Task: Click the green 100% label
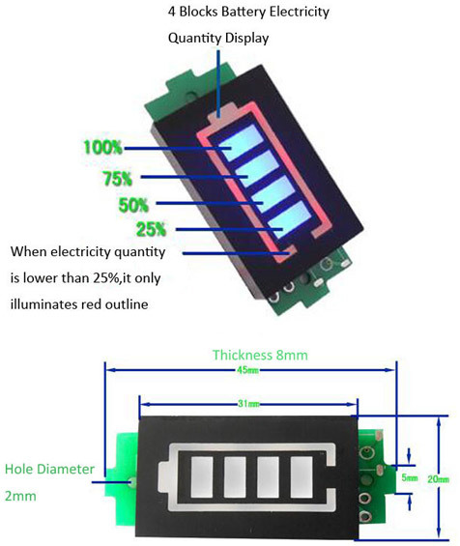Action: [102, 147]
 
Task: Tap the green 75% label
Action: [117, 178]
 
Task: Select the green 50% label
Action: [133, 205]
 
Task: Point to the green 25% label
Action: [151, 229]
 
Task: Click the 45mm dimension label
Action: [247, 370]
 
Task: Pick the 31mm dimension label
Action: [248, 404]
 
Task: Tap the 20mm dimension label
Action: [439, 479]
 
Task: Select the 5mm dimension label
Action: [410, 477]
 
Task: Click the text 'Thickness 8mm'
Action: [260, 355]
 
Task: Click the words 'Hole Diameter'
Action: [49, 469]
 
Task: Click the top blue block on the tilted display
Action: [241, 143]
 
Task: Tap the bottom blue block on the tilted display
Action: [289, 219]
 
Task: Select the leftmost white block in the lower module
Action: [202, 476]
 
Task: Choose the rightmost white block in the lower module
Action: [302, 476]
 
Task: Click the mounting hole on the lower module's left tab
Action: [131, 482]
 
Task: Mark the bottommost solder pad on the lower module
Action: [365, 515]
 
